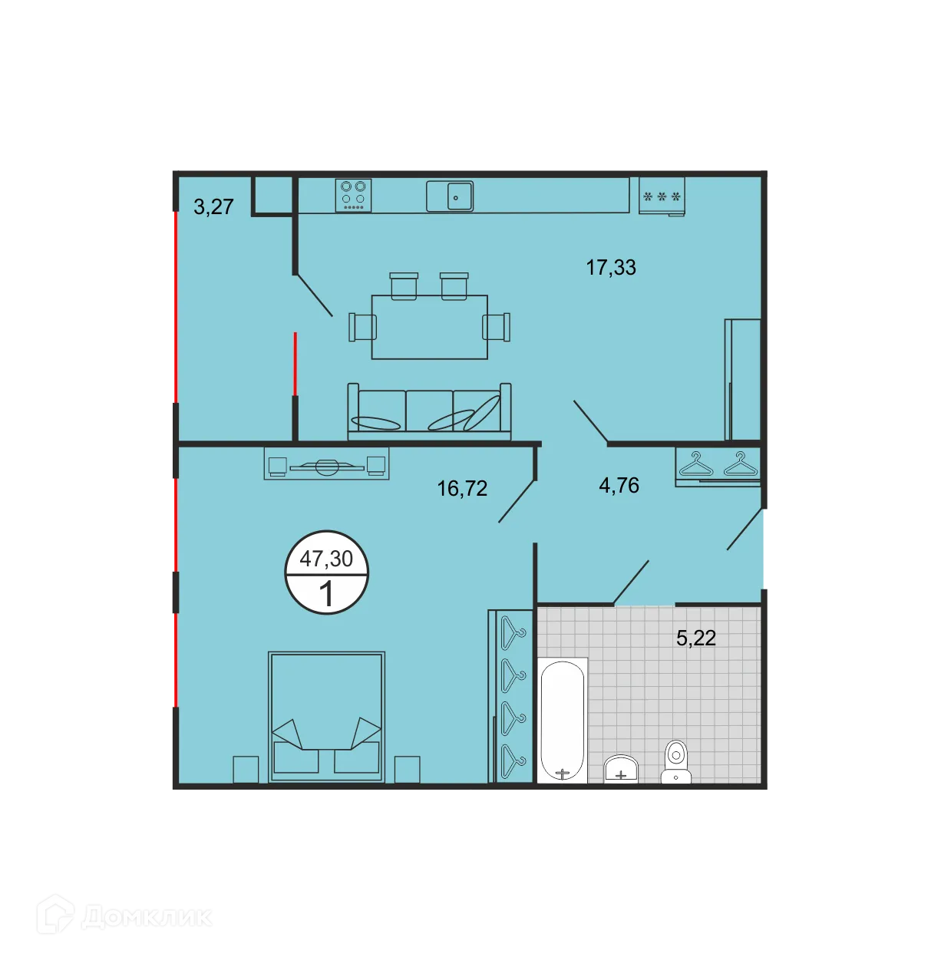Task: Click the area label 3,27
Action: click(213, 206)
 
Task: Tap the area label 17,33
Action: click(611, 267)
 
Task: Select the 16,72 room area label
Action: click(462, 489)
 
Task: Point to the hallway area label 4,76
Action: click(619, 485)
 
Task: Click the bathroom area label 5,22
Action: click(695, 638)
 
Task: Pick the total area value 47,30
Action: click(326, 558)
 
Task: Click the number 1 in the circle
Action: click(326, 594)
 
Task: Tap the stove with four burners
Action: click(353, 195)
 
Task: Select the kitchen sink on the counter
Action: click(450, 196)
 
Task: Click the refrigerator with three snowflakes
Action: click(662, 196)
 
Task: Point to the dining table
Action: click(430, 327)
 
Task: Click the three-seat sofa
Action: click(429, 412)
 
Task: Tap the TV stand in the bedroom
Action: click(326, 464)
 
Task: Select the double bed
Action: click(326, 717)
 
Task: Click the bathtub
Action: click(563, 720)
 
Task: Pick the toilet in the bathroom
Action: click(675, 762)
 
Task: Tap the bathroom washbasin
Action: click(621, 769)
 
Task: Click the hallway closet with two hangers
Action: click(718, 465)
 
